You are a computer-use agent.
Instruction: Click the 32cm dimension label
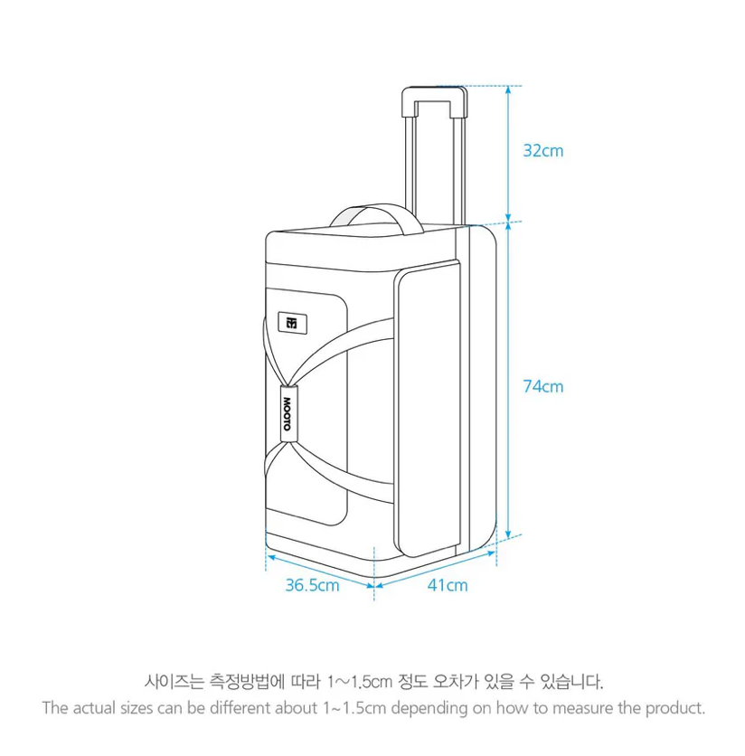click(543, 151)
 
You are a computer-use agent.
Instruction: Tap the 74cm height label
click(543, 387)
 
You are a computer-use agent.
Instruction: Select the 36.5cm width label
click(313, 585)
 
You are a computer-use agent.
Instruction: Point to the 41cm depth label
click(448, 585)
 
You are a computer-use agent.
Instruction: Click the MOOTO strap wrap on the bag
click(288, 414)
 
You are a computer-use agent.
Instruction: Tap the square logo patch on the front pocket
click(292, 323)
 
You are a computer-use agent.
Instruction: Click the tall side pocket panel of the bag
click(428, 409)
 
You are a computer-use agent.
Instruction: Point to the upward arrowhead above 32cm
click(508, 90)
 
